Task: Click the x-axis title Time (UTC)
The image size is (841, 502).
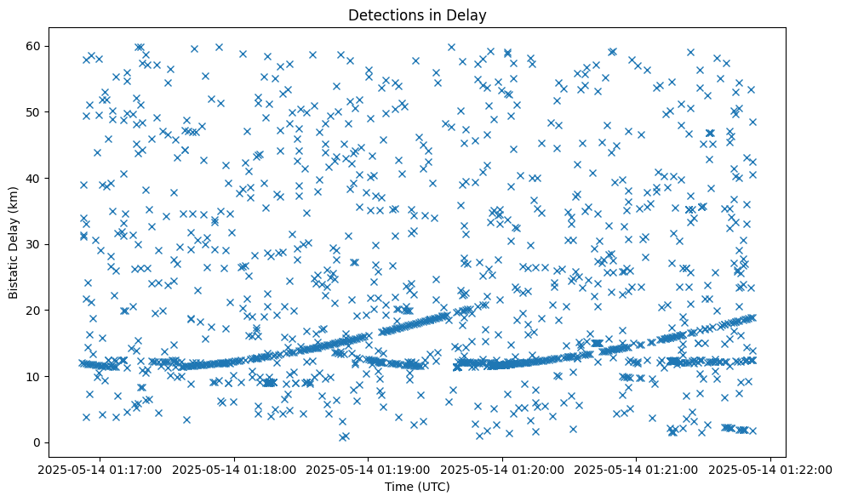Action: pos(417,488)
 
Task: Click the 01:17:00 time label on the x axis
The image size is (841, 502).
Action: pos(100,469)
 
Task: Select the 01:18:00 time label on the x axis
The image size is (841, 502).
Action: pos(234,469)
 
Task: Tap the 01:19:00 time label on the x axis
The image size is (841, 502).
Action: pos(369,469)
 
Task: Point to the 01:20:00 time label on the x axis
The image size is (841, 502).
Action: pos(503,469)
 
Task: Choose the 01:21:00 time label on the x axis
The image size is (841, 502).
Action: pos(638,469)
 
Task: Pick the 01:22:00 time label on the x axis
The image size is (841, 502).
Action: pos(771,469)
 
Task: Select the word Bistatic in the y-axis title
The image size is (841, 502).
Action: pos(14,272)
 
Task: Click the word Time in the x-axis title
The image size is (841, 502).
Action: pos(398,488)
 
